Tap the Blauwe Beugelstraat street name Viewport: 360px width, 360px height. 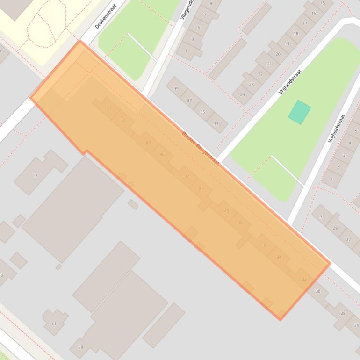[x=201, y=148]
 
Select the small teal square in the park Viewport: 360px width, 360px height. [x=299, y=112]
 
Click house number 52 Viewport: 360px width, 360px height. [x=109, y=108]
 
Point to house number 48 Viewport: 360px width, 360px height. [x=148, y=143]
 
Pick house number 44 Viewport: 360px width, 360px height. [x=187, y=176]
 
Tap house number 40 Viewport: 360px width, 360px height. [x=227, y=211]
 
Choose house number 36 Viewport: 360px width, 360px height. [x=265, y=245]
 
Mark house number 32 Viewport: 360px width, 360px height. [x=304, y=279]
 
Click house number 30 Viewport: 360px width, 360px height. [x=318, y=291]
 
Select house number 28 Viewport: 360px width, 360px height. [x=343, y=313]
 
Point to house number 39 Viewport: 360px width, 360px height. [x=176, y=88]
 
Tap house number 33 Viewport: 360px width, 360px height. [x=216, y=123]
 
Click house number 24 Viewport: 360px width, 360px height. [x=242, y=94]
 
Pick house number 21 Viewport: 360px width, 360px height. [x=269, y=64]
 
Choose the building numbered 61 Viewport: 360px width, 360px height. [x=54, y=324]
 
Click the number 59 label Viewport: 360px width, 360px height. [x=80, y=347]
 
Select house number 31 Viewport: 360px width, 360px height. [x=322, y=216]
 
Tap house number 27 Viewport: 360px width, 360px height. [x=348, y=239]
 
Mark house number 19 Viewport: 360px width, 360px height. [x=287, y=43]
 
